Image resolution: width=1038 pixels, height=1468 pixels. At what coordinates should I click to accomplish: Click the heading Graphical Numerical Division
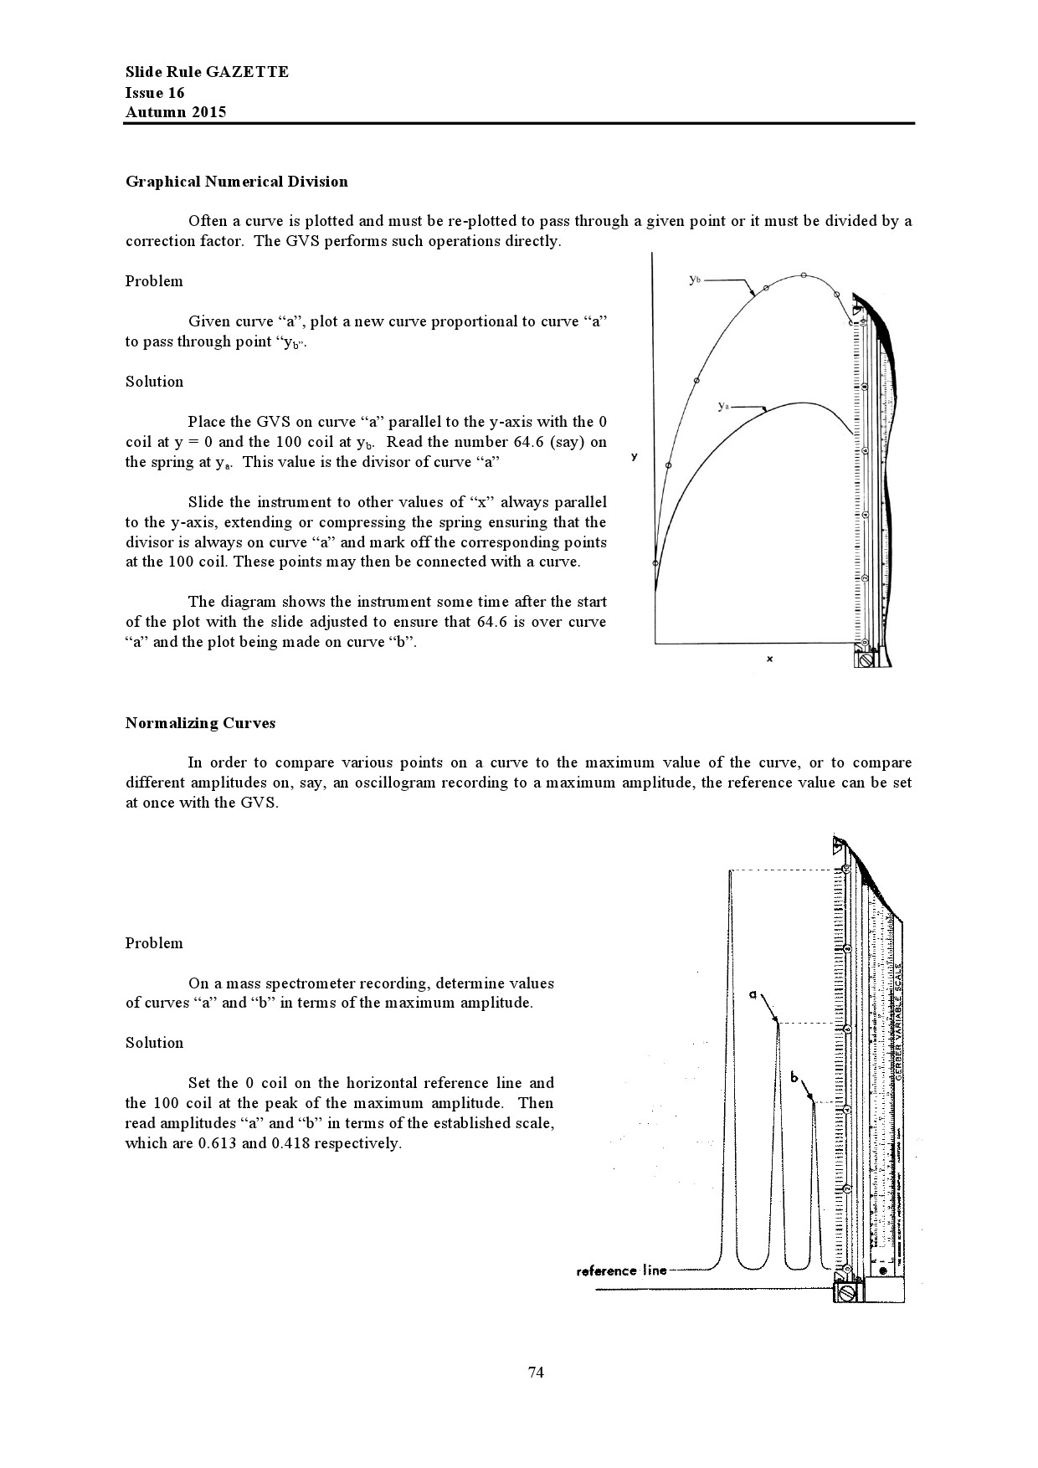236,182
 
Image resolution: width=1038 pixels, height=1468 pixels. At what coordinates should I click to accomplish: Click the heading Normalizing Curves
200,723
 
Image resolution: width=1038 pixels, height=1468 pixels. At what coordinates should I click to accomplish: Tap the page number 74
537,1372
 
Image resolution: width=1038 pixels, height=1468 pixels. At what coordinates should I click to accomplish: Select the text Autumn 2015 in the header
176,112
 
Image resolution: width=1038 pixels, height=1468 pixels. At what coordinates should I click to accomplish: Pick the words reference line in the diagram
621,1270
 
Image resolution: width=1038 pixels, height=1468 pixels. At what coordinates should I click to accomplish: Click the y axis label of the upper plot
635,457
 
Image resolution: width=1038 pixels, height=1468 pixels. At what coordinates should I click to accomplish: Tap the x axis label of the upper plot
769,660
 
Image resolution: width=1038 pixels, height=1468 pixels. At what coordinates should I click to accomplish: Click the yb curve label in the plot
695,280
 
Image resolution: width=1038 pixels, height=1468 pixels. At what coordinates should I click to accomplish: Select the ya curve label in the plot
724,406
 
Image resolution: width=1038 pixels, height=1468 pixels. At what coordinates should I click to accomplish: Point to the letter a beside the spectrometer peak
753,995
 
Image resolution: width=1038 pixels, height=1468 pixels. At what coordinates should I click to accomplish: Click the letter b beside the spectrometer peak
794,1077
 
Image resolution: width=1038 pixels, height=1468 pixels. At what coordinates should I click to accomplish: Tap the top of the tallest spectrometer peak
731,872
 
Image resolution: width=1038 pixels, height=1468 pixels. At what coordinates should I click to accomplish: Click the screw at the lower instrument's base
846,1294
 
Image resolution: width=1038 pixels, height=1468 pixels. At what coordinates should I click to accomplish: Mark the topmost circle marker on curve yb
803,275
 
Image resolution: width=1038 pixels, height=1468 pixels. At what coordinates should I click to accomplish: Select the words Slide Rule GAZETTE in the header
207,72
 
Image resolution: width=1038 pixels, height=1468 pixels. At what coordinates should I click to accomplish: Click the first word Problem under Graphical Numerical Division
154,281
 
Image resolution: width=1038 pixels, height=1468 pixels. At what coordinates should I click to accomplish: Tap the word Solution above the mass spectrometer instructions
154,1043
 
